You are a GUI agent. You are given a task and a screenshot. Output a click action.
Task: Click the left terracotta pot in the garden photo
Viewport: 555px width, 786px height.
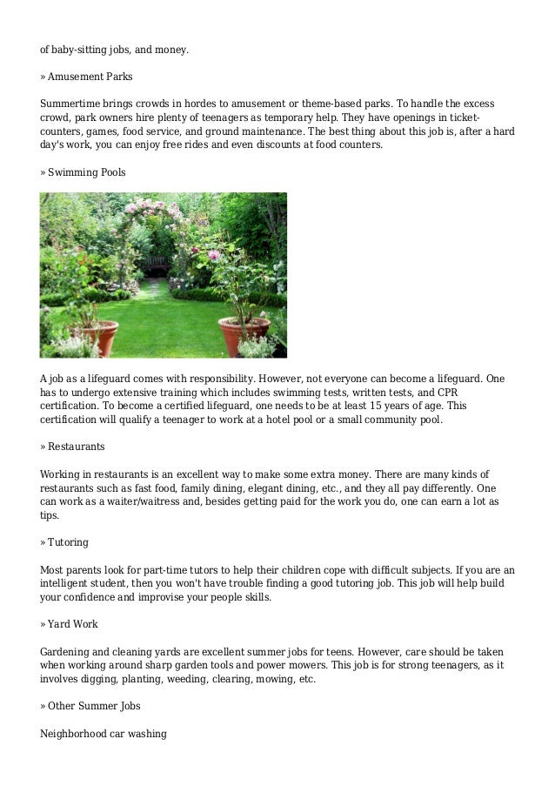[x=97, y=337]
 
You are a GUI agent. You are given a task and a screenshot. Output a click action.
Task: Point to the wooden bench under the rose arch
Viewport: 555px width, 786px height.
[x=158, y=262]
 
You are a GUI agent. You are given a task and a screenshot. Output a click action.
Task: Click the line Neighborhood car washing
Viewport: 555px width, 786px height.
[x=104, y=733]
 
